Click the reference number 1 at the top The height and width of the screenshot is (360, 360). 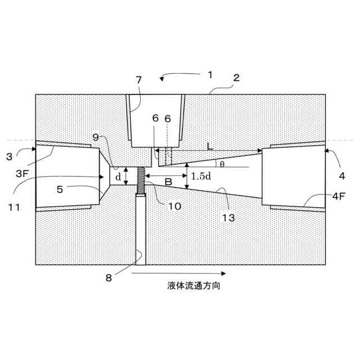pyautogui.click(x=209, y=74)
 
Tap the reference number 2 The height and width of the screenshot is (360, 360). pyautogui.click(x=236, y=78)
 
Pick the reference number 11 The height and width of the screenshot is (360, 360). pyautogui.click(x=14, y=206)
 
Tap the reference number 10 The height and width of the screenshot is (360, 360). pyautogui.click(x=174, y=206)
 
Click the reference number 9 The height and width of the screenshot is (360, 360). pyautogui.click(x=96, y=137)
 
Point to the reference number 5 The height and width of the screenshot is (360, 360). pyautogui.click(x=60, y=190)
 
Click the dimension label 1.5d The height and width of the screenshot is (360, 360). pyautogui.click(x=201, y=176)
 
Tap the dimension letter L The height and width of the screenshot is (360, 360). pyautogui.click(x=209, y=146)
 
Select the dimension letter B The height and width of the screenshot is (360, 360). pyautogui.click(x=167, y=182)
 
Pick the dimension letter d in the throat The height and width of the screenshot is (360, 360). pyautogui.click(x=118, y=177)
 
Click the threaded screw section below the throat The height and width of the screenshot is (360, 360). pyautogui.click(x=140, y=181)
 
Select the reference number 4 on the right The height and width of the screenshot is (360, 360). pyautogui.click(x=341, y=175)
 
